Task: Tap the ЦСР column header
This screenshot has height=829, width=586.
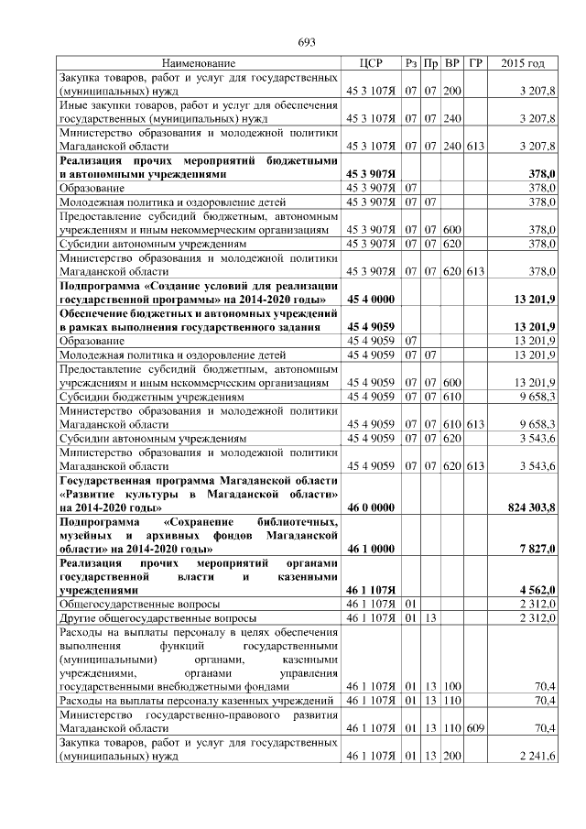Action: point(370,63)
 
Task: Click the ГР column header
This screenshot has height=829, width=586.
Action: point(474,63)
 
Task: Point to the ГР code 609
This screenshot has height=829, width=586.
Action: point(474,728)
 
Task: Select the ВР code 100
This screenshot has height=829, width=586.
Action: point(452,686)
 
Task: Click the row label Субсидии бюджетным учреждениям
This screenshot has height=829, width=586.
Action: point(151,397)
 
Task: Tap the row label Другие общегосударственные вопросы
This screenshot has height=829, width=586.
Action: point(149,619)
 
